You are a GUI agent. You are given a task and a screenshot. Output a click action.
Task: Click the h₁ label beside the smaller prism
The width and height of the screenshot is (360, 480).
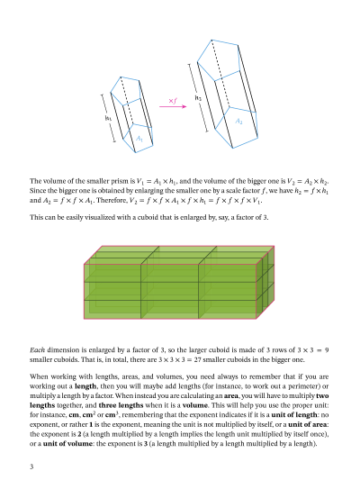tap(108, 117)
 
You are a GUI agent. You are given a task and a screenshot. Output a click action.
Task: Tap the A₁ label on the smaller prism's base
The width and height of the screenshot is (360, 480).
tap(139, 139)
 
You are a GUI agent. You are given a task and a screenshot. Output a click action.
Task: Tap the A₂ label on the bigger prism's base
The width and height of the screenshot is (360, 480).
tap(238, 121)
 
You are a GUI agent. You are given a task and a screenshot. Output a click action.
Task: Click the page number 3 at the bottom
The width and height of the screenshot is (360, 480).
tap(31, 466)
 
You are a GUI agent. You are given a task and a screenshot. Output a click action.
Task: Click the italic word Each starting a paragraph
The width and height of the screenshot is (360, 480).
tap(37, 348)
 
